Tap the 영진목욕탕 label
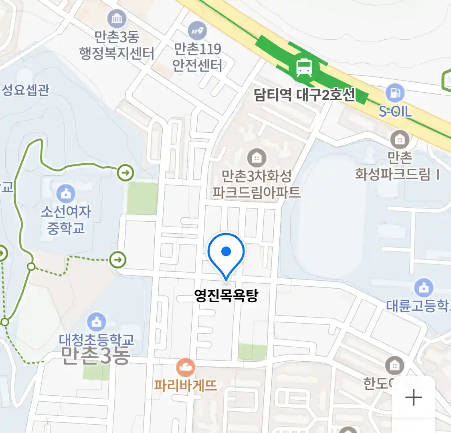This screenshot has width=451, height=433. coord(226,296)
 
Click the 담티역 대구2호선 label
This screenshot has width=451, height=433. coord(304,95)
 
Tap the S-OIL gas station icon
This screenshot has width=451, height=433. coord(395,93)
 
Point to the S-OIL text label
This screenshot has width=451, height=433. coord(395,111)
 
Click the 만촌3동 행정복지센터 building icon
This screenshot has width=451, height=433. coord(117,19)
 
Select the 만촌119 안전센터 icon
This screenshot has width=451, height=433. coord(197,30)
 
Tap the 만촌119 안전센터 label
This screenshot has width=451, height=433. coord(197,57)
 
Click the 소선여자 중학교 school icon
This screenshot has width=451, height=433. coord(66,194)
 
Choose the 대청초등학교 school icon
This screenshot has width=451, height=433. coord(97,322)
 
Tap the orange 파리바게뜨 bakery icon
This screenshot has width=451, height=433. coord(186,367)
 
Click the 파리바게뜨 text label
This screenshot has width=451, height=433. coord(186,385)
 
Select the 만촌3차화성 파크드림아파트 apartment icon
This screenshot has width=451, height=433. coord(257,158)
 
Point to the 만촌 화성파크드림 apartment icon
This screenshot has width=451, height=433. coord(400,140)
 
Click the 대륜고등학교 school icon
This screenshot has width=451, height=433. coord(424,287)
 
